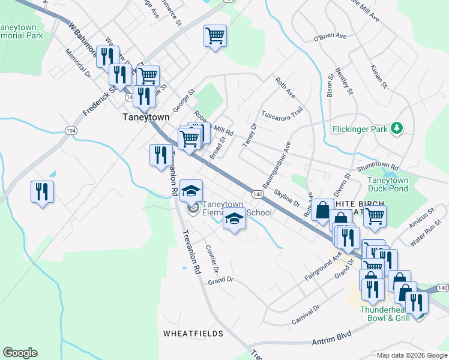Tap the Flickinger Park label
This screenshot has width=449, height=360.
pos(360,128)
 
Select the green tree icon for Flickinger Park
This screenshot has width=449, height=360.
pos(396,128)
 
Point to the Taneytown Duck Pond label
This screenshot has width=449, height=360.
pos(388,184)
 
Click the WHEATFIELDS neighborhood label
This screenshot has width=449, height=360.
pos(193,333)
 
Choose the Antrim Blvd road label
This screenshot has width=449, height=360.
pos(331,341)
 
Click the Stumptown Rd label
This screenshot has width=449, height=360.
pos(378,167)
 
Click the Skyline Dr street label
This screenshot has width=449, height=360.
pos(287,196)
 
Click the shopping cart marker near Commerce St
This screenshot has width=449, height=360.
pos(214,35)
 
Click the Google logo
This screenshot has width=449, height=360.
pos(20,353)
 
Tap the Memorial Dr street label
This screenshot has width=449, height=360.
pos(78,65)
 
